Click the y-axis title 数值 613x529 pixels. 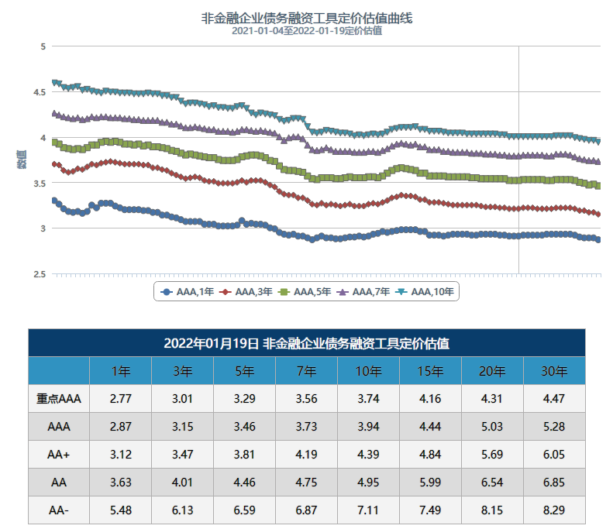point(21,160)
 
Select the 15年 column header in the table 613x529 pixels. point(430,371)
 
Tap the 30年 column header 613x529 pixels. point(554,371)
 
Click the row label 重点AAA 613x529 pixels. point(59,399)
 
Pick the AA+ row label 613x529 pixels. point(59,454)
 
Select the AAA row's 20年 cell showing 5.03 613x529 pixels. point(492,426)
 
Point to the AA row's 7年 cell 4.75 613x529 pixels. point(306,482)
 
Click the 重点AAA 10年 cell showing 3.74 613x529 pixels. point(368,399)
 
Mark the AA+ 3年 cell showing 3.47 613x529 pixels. point(182,454)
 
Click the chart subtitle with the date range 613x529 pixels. point(306,31)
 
